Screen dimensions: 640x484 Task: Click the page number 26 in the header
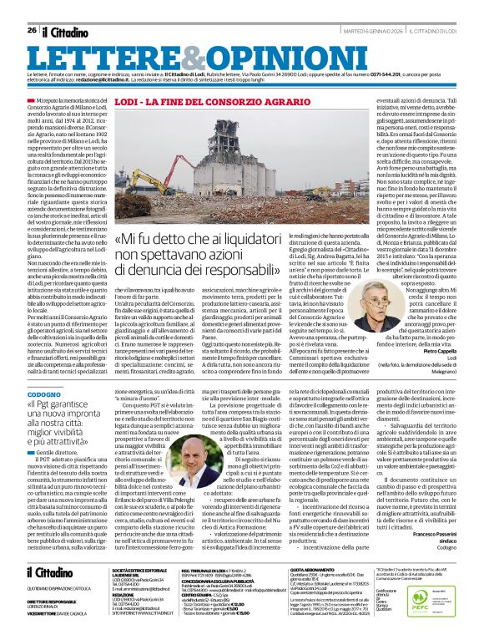coord(32,31)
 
